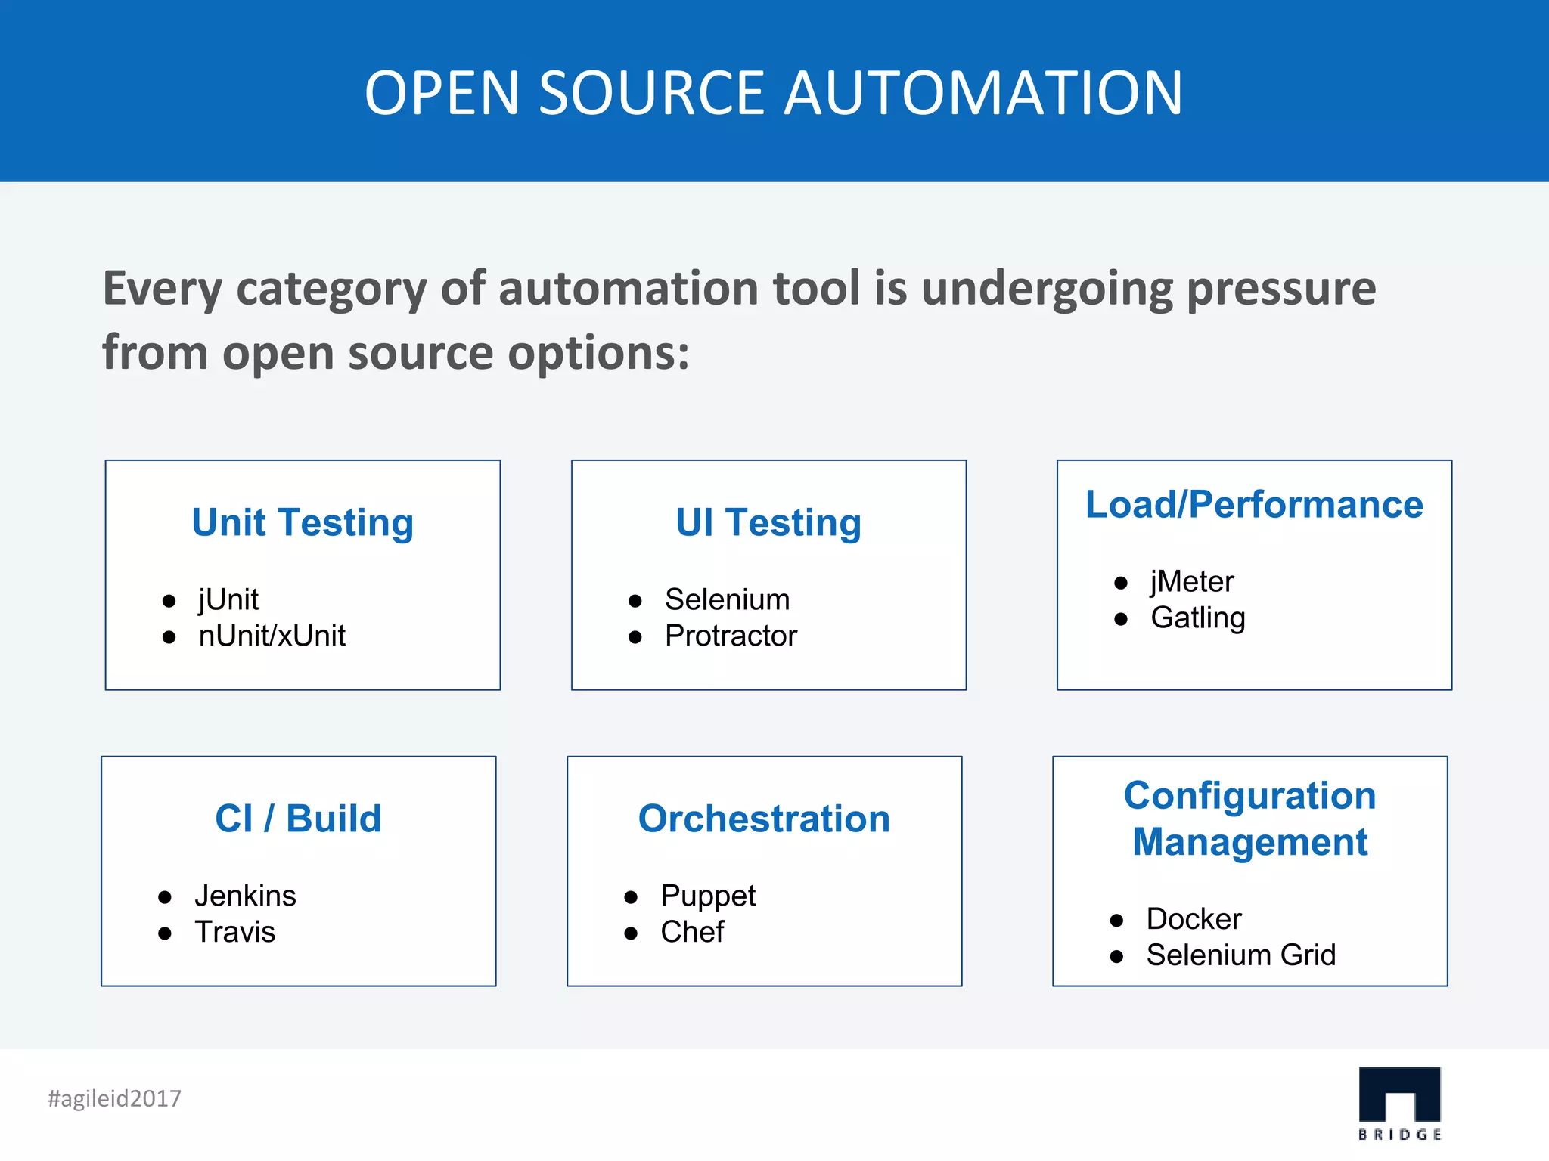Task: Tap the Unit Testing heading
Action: click(303, 522)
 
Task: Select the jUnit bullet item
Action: click(228, 600)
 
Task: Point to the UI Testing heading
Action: click(768, 522)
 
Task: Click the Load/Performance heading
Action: click(1254, 504)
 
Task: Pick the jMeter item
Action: click(1192, 582)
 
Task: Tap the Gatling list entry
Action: click(1198, 618)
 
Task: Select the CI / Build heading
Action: click(298, 819)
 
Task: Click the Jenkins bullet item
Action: click(245, 896)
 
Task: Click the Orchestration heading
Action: click(764, 819)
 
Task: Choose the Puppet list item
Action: click(708, 896)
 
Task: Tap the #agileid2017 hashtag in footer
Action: click(115, 1098)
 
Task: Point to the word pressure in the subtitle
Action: click(1281, 289)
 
